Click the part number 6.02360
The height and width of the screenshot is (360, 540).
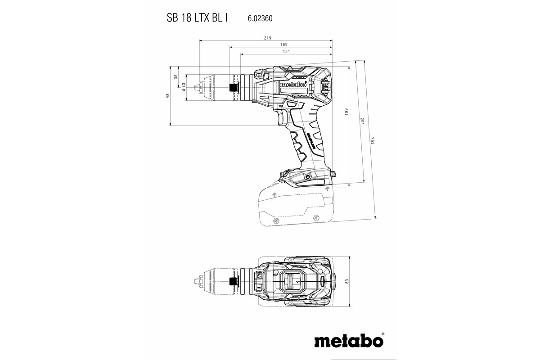261,19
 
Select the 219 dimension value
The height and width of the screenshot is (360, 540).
268,38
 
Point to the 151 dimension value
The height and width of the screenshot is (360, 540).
286,52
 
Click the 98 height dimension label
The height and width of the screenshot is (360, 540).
167,96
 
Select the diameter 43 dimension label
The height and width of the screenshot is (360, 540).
184,86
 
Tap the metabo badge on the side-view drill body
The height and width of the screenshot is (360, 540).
293,84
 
